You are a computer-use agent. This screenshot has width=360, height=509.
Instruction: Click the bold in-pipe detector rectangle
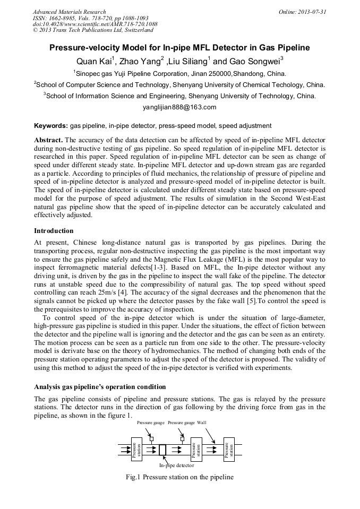pyautogui.click(x=162, y=450)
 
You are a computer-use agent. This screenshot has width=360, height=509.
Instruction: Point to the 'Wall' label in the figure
pyautogui.click(x=202, y=422)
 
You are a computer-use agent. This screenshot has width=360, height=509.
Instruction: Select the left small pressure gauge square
pyautogui.click(x=151, y=439)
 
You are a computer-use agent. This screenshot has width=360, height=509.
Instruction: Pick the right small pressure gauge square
pyautogui.click(x=182, y=439)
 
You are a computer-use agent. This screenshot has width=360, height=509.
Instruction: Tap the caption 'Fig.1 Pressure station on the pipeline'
pyautogui.click(x=179, y=477)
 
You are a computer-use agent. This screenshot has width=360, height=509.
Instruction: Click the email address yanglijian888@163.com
pyautogui.click(x=179, y=107)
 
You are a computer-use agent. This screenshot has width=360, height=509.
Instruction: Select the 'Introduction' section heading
pyautogui.click(x=54, y=231)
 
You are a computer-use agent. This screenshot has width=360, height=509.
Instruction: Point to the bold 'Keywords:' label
pyautogui.click(x=51, y=126)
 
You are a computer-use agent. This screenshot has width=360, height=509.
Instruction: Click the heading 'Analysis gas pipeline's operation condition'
pyautogui.click(x=100, y=386)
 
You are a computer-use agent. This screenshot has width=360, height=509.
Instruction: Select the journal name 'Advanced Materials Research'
pyautogui.click(x=70, y=12)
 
